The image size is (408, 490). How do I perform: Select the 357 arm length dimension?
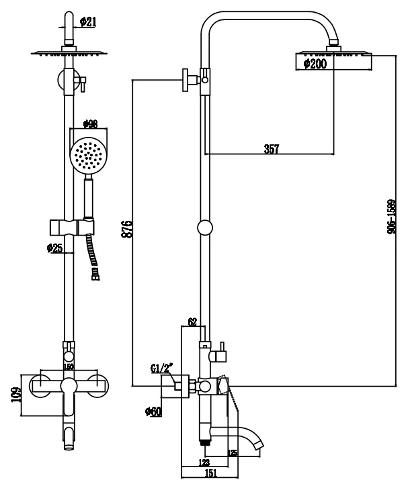[271, 149]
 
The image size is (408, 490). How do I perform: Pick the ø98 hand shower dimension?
[89, 124]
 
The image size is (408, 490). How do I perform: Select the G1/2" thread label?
[161, 369]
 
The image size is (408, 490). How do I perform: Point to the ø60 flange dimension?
[153, 411]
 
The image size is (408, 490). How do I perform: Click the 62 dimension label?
[192, 323]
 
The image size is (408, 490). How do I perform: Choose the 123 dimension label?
[204, 462]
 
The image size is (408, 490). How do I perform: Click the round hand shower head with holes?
[88, 155]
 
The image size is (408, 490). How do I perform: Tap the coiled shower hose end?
[95, 272]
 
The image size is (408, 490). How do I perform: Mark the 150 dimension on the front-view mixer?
[67, 366]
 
